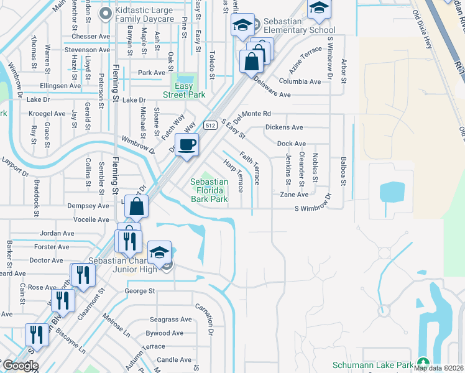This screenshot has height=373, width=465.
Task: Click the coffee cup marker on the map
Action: coord(186,146)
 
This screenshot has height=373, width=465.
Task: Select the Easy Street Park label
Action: coord(184,90)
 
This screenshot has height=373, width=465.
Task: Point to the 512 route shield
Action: coord(209,124)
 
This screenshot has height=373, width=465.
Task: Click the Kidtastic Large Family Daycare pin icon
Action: coord(105,13)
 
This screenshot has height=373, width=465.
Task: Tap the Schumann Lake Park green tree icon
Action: coord(423,362)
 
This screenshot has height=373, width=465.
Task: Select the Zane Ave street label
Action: coord(294,195)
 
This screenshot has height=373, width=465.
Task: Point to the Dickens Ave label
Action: coord(283,127)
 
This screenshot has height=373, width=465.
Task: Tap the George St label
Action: coord(140,291)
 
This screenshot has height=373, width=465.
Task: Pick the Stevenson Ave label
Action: coord(88,50)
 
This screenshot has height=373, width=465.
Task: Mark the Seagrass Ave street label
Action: coord(167,318)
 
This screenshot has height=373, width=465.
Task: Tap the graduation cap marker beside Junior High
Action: coord(159,252)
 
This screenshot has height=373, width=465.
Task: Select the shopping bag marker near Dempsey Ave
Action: coord(136,206)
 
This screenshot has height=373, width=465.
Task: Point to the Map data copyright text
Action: coord(438,368)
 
